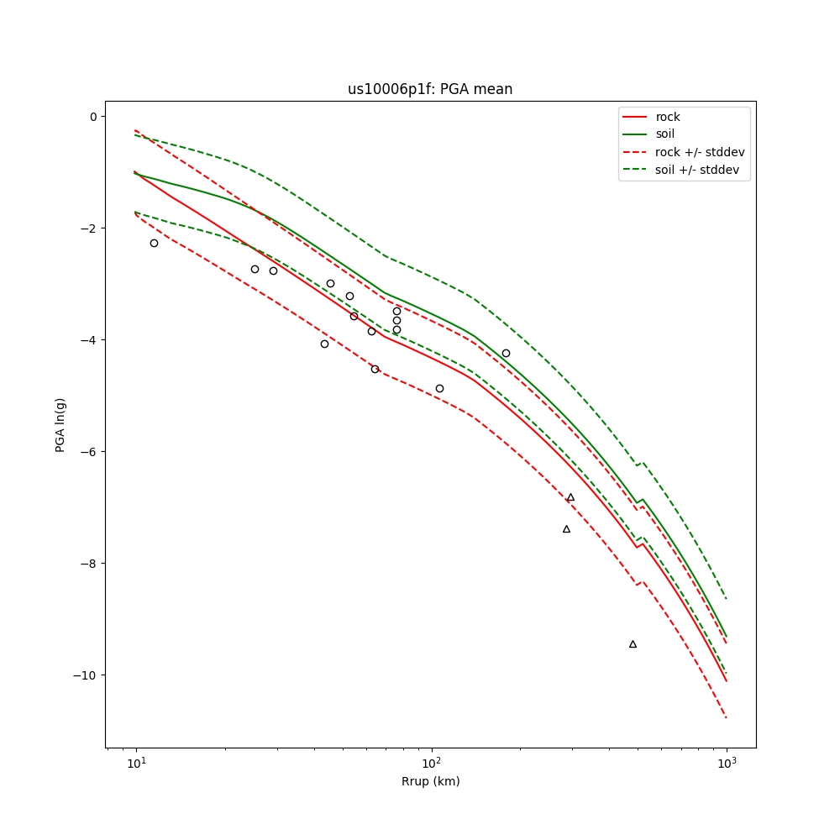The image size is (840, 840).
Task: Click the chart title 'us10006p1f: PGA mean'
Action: point(430,89)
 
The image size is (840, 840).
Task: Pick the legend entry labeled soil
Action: point(664,134)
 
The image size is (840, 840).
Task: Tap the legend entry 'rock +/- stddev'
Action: point(700,152)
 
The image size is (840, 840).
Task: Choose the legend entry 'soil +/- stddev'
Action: point(700,170)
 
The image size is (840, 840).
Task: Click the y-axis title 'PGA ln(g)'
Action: point(60,425)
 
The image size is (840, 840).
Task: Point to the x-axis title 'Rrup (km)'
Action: point(430,781)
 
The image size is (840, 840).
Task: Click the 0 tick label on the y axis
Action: point(93,116)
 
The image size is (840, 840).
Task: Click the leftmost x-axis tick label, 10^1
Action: point(136,762)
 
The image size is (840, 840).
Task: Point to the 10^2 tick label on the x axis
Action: point(432,762)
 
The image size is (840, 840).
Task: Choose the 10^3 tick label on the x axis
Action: point(727,762)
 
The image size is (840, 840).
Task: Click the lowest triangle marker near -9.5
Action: point(633,644)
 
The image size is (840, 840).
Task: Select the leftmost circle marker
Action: point(154,243)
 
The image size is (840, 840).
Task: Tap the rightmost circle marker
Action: point(506,353)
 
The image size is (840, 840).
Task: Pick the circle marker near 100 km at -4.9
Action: point(439,388)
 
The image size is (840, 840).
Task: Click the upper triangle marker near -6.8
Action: point(570,497)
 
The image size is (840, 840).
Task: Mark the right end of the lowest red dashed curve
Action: point(726,717)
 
